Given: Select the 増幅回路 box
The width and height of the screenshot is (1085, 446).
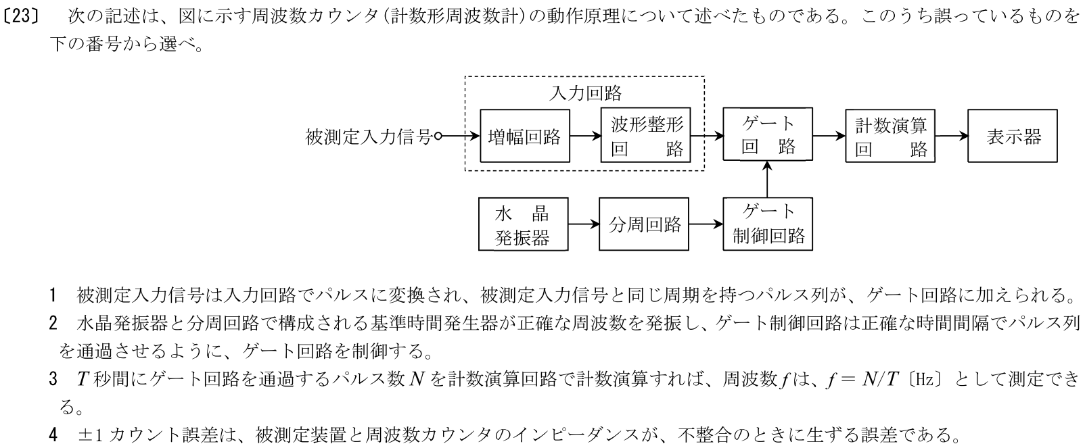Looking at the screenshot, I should pos(525,137).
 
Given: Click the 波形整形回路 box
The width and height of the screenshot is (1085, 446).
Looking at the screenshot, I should pos(646,137).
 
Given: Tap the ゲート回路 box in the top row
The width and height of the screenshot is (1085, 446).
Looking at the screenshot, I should pos(768,134).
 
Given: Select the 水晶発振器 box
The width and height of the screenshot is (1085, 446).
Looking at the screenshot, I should pos(523,226).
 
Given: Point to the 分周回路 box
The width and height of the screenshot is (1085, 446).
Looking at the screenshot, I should pos(645,225).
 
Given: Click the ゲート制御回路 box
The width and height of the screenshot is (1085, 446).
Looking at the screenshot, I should pos(768,224).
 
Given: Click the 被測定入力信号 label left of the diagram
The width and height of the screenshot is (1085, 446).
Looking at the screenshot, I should pos(369,137).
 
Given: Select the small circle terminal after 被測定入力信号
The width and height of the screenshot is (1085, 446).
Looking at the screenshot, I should pos(438,137).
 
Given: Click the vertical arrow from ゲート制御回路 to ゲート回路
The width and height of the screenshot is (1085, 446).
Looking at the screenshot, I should pos(768,179).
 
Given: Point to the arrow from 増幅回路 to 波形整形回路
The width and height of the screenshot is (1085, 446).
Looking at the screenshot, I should pos(586,137).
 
